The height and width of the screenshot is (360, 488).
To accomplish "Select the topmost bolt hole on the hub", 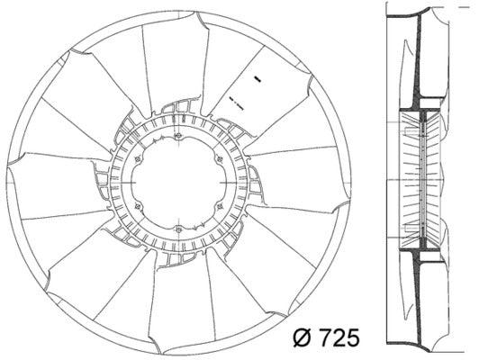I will click(x=180, y=137).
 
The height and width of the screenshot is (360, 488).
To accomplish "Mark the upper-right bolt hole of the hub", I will click(x=221, y=160).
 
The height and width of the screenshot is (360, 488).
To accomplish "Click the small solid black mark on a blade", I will click(x=257, y=80).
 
